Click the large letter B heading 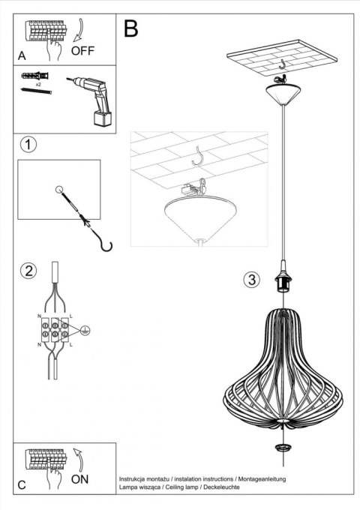(x=130, y=29)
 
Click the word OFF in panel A (x=84, y=51)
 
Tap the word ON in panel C (x=82, y=477)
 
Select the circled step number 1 (x=28, y=145)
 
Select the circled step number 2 (x=28, y=271)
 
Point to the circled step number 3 (x=251, y=280)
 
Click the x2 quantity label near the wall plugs (x=38, y=85)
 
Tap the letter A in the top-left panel (x=22, y=55)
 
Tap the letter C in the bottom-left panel (x=22, y=484)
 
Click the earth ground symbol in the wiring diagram (x=85, y=328)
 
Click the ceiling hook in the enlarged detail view (x=198, y=157)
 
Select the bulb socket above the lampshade (x=284, y=282)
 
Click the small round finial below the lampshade (x=283, y=448)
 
